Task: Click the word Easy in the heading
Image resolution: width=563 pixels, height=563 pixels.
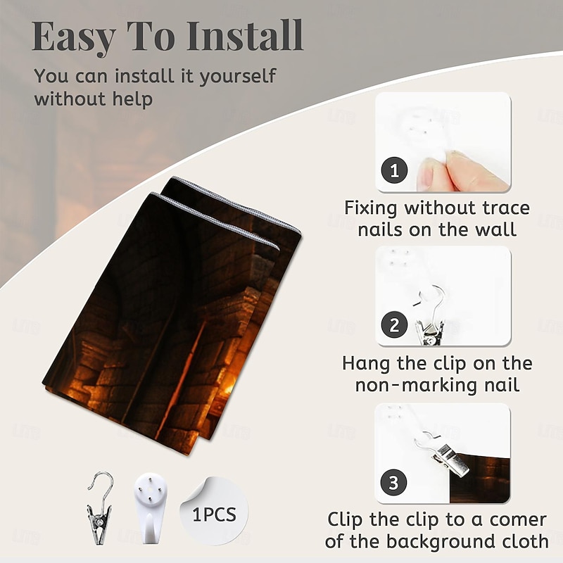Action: [x=74, y=37]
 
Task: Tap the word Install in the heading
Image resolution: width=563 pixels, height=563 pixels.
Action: [x=245, y=35]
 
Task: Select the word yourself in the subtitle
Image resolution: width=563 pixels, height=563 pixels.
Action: [x=238, y=77]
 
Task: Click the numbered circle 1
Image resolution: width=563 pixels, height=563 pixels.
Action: [x=394, y=170]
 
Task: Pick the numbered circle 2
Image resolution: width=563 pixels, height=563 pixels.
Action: [x=394, y=324]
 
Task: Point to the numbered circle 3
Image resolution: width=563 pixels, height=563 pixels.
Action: [x=393, y=482]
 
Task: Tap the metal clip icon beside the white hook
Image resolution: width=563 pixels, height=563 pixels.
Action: [x=100, y=507]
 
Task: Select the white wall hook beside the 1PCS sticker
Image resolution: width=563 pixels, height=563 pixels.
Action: [x=151, y=507]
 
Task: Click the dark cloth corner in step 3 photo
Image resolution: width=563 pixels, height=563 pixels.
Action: [x=480, y=479]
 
